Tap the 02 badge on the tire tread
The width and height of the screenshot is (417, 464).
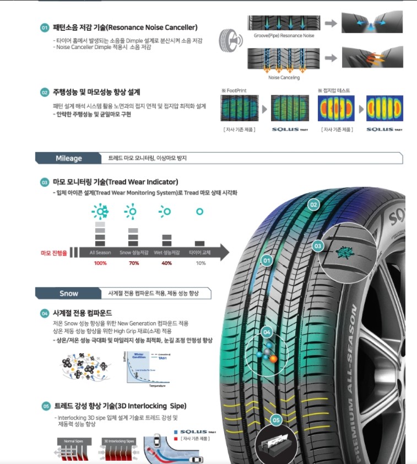coord(313,204)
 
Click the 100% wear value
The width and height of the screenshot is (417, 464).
coord(100,263)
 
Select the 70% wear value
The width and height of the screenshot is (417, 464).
coord(133,263)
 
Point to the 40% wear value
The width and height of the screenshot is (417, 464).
coord(166,263)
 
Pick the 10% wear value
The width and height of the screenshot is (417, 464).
coord(201,263)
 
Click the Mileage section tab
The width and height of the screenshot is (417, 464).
coord(69,158)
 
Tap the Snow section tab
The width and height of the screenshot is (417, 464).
coord(69,293)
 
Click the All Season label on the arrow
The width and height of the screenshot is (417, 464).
coord(100,253)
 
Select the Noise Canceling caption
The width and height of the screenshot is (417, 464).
coord(284,78)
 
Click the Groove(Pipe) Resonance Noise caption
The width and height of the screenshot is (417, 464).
coord(284,36)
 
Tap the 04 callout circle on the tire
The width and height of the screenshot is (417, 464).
coord(267,332)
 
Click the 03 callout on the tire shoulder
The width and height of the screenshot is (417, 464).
coord(318,245)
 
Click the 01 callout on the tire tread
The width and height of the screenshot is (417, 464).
coord(267,260)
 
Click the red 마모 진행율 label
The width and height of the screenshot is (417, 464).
coord(53,253)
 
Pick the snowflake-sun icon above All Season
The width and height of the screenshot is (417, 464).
coord(100,212)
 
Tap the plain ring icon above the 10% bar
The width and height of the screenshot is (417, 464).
coord(200,212)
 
